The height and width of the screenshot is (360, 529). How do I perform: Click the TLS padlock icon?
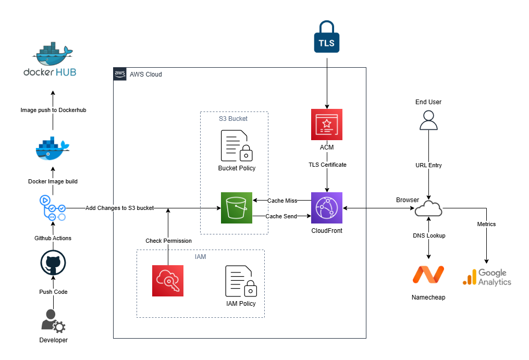[x=327, y=37]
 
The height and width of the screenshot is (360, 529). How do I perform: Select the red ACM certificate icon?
[x=327, y=125]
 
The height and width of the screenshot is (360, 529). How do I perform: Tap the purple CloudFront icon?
[x=327, y=208]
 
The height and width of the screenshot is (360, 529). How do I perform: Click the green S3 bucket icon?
[x=236, y=208]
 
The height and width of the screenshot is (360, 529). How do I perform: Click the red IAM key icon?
[x=168, y=281]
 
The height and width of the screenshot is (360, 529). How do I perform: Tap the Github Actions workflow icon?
[x=53, y=208]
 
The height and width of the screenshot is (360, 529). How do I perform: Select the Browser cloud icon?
[x=428, y=208]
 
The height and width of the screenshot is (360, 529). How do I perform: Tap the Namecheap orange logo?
[x=428, y=274]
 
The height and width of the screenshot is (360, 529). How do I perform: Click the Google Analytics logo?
[x=487, y=277]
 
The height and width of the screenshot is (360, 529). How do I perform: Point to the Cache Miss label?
[x=282, y=200]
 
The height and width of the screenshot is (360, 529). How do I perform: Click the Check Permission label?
[x=168, y=241]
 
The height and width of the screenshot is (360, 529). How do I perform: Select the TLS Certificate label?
[x=327, y=165]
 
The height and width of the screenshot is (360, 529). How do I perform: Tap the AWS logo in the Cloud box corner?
[x=120, y=74]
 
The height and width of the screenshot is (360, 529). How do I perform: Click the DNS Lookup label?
[x=428, y=235]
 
